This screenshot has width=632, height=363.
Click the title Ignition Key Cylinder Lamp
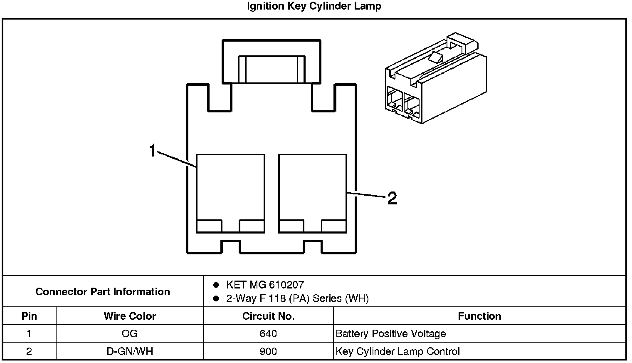click(314, 6)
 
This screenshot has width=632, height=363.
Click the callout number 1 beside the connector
click(153, 150)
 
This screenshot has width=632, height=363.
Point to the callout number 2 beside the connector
click(392, 198)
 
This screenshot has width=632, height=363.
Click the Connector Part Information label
click(103, 291)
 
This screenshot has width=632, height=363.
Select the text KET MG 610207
click(265, 285)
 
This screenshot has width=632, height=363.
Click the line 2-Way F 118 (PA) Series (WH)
click(297, 298)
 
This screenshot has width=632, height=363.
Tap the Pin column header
click(29, 316)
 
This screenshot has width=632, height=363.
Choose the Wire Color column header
click(130, 316)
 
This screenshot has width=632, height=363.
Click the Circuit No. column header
click(268, 316)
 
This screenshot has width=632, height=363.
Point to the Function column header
click(479, 316)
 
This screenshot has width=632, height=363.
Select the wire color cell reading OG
click(130, 333)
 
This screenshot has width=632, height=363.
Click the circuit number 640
click(268, 333)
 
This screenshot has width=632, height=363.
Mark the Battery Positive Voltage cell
click(390, 333)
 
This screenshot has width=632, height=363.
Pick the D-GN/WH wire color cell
click(130, 351)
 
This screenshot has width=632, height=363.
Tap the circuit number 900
click(268, 351)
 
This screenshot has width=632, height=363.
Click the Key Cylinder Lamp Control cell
click(397, 351)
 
